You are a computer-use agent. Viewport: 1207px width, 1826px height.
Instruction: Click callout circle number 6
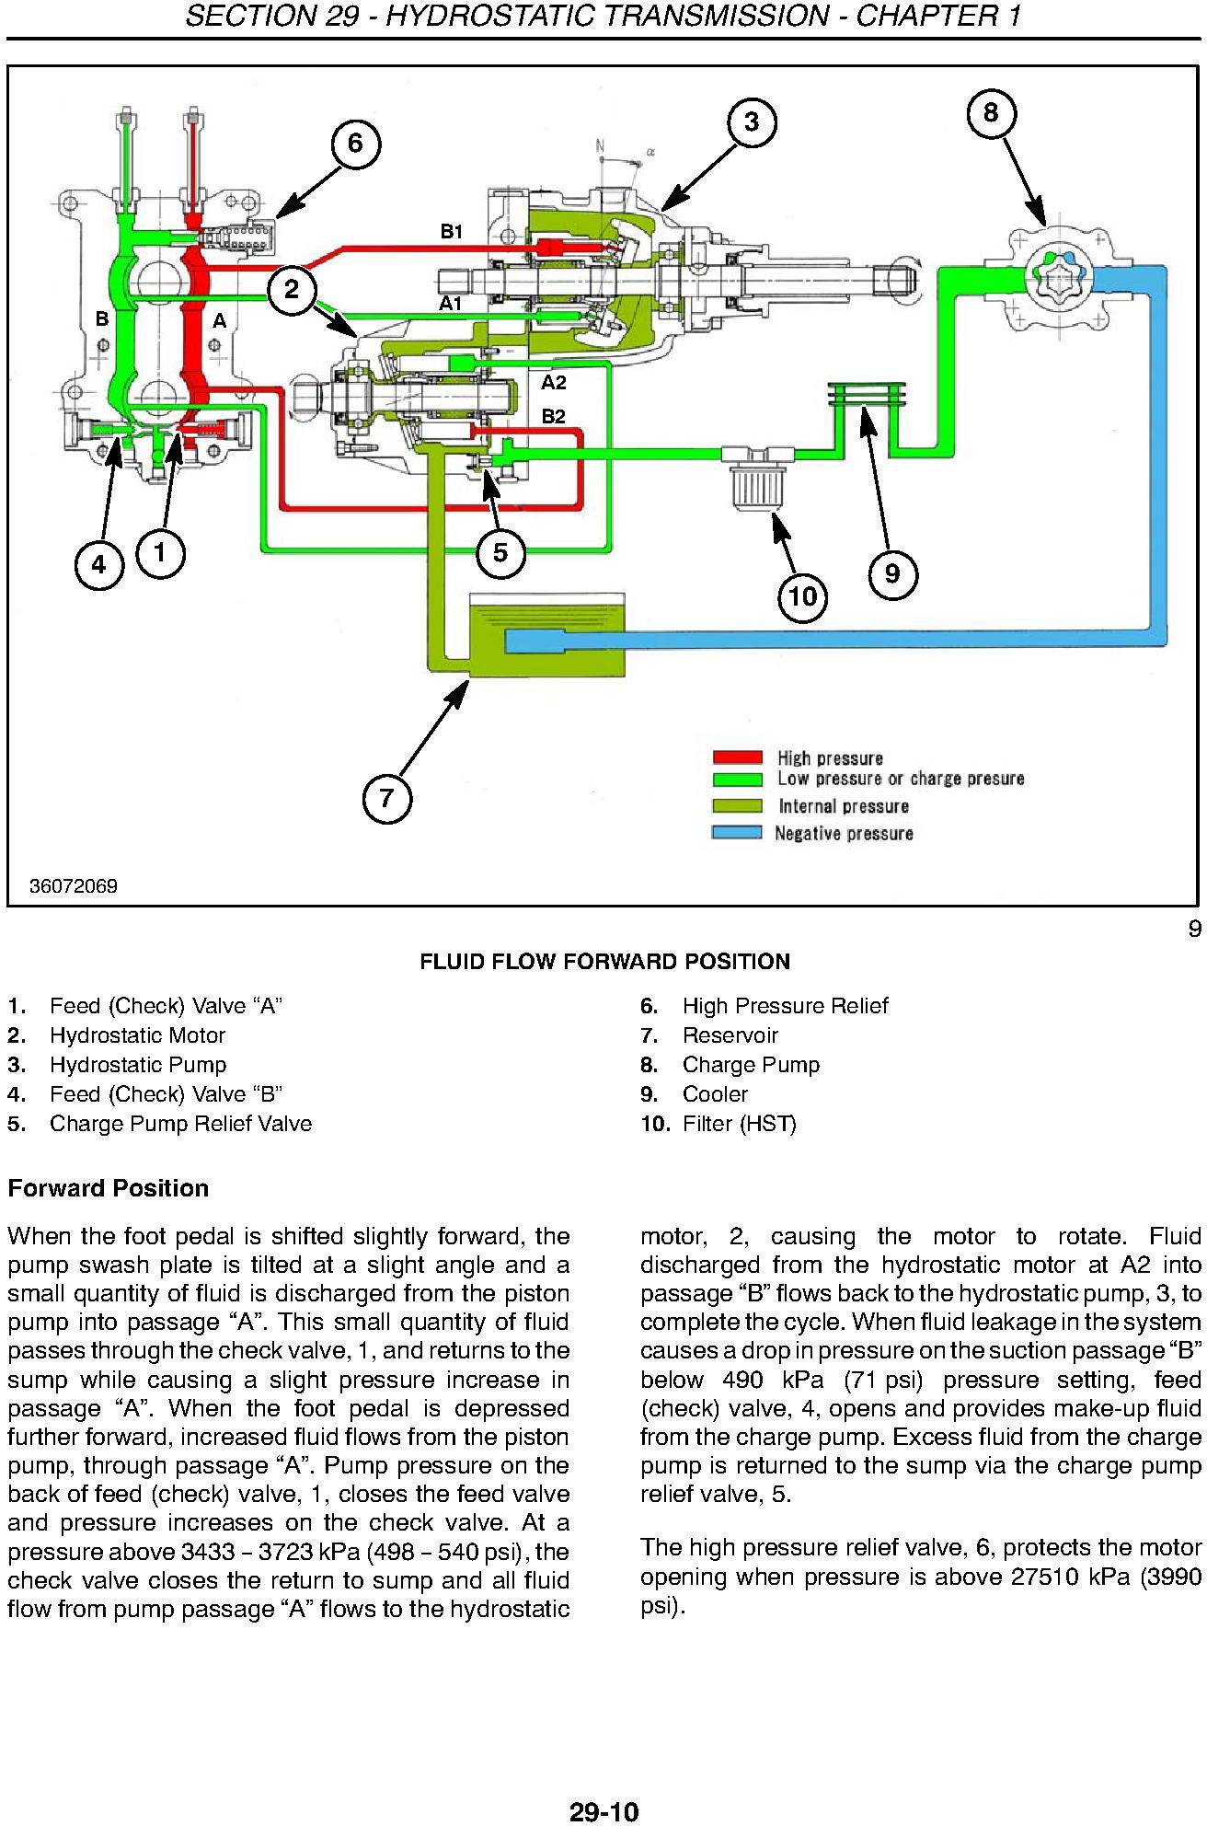355,144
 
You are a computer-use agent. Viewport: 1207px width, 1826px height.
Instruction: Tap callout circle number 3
752,121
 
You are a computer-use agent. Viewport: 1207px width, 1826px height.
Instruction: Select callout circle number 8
991,112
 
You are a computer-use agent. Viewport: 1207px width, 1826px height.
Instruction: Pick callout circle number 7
386,797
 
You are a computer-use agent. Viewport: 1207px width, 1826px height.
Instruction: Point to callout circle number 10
803,596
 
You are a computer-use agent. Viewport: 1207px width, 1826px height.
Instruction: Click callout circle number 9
892,573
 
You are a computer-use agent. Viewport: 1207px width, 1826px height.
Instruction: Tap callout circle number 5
500,552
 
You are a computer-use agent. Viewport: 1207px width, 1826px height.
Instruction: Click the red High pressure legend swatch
738,757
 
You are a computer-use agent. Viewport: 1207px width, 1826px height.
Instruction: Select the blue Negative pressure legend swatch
738,833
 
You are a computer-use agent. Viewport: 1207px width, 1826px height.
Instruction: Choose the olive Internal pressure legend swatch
738,806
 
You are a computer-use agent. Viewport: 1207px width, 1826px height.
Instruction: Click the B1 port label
452,232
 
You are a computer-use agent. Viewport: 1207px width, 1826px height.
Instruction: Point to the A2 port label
553,383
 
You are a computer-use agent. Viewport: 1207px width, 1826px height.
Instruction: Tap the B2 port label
553,417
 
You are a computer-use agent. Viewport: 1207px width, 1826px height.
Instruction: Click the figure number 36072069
74,886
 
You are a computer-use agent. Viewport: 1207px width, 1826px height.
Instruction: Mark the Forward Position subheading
109,1188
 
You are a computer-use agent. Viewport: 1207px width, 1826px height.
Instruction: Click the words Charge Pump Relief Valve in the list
181,1124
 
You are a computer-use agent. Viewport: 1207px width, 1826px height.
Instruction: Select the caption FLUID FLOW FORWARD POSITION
604,962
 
